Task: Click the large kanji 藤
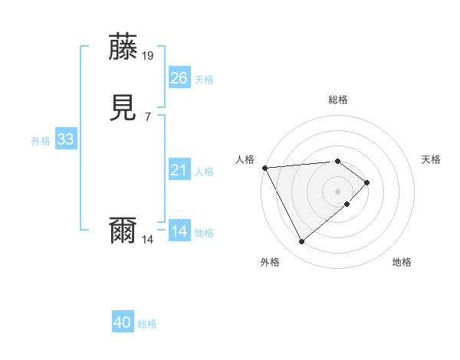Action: (124, 47)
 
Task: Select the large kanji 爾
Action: (124, 231)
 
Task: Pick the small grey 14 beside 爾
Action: (148, 240)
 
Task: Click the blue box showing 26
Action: (179, 78)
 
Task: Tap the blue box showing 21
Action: (179, 170)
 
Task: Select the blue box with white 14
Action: (179, 231)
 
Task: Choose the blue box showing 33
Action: (65, 139)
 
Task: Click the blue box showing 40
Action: (123, 323)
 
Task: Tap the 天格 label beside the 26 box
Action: (204, 80)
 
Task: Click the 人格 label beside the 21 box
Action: (204, 172)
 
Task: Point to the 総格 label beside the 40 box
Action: (147, 325)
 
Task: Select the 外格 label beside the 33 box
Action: (41, 141)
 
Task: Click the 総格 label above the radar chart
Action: (337, 100)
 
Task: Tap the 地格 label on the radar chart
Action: (402, 263)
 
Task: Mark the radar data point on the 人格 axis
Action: (264, 168)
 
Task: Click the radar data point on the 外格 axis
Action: (301, 242)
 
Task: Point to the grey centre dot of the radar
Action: (337, 191)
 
